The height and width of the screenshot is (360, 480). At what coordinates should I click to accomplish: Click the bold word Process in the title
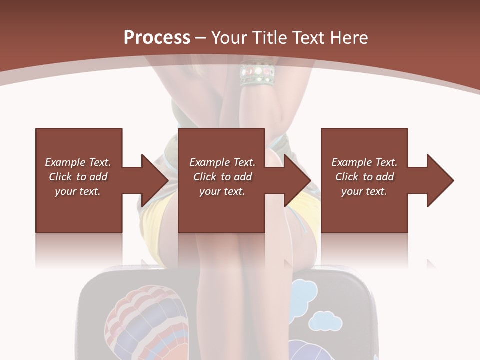(x=157, y=38)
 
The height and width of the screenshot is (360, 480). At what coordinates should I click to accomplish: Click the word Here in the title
(x=349, y=38)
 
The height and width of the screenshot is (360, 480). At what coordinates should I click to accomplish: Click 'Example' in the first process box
(x=65, y=162)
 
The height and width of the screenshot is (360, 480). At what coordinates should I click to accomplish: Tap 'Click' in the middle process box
(x=205, y=177)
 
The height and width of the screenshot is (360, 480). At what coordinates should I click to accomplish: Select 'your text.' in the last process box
(x=364, y=191)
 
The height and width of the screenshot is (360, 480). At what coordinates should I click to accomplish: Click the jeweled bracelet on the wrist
(x=257, y=73)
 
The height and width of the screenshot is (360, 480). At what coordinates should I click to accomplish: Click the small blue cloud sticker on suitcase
(x=325, y=321)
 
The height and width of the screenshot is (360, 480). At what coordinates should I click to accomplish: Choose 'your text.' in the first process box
(x=78, y=191)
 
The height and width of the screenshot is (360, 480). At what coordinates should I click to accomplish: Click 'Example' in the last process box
(x=351, y=162)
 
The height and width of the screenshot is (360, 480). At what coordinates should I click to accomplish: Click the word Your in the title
(x=231, y=38)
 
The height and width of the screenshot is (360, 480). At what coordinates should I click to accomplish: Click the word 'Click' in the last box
(x=347, y=177)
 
